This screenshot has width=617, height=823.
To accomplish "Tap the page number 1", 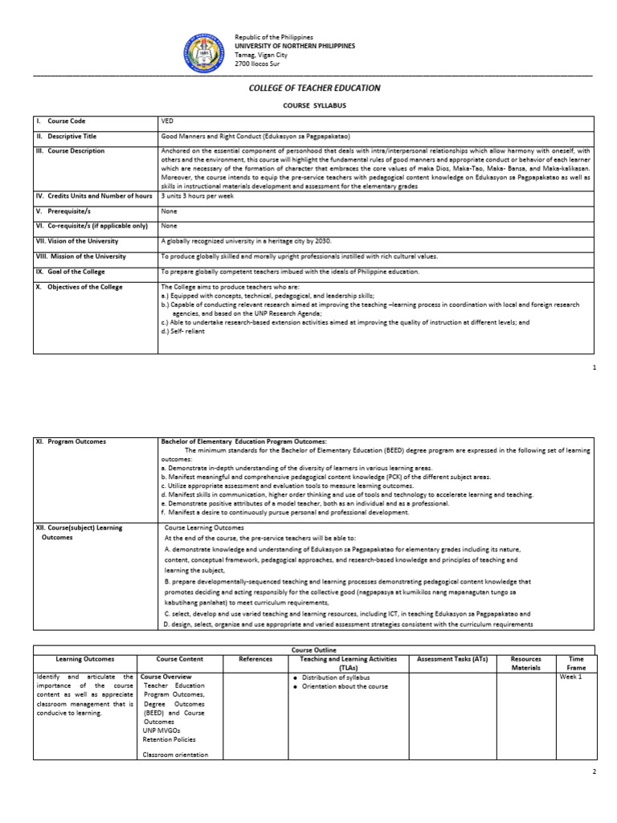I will (594, 366).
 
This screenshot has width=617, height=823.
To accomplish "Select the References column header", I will (255, 659).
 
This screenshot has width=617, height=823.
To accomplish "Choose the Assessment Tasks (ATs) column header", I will (452, 659).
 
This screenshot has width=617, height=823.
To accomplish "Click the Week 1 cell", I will (571, 677).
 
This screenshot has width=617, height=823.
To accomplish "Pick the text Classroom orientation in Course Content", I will (175, 755).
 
